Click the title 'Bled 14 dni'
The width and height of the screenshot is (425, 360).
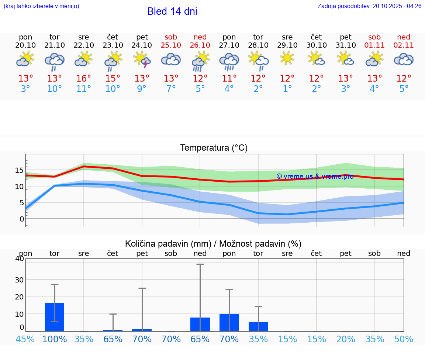(x=172, y=11)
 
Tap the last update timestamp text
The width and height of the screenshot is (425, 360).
(x=369, y=6)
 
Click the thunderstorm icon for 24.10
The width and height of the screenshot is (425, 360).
(x=142, y=59)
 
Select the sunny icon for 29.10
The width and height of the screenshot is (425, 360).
(x=287, y=58)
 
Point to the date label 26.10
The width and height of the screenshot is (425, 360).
(x=200, y=45)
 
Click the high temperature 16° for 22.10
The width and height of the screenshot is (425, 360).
(x=84, y=79)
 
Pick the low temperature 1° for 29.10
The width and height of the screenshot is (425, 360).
(x=287, y=89)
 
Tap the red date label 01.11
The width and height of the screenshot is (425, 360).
(x=374, y=45)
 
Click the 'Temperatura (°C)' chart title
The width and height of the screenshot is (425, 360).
(x=214, y=148)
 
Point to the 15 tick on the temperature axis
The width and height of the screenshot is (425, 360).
(x=19, y=170)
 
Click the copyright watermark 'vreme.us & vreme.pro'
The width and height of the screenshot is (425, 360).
(x=315, y=176)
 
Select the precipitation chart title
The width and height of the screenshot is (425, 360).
(x=213, y=244)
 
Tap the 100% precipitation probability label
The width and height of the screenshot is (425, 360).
(x=55, y=339)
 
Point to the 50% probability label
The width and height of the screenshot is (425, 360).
(x=404, y=339)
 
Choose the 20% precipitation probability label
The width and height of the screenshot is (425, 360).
(x=346, y=339)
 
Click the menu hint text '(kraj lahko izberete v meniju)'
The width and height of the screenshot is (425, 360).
(x=41, y=6)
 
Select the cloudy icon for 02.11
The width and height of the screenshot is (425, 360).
(x=404, y=59)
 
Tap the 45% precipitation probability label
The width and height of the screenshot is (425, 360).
(x=25, y=339)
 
